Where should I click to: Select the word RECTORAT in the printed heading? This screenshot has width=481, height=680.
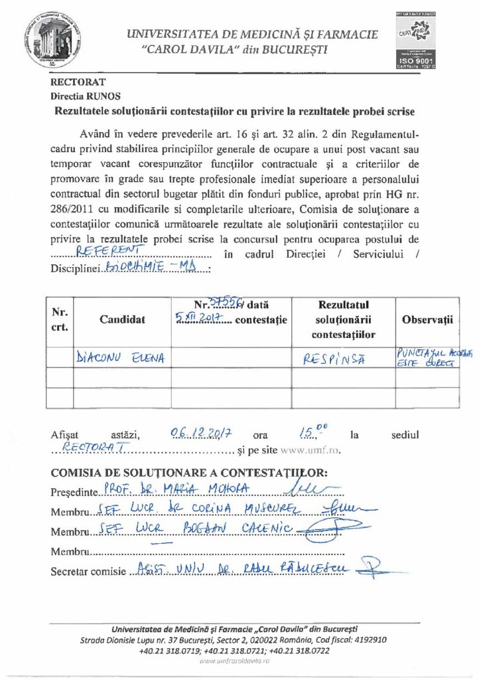(x=78, y=83)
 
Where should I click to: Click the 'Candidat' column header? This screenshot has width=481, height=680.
(x=122, y=319)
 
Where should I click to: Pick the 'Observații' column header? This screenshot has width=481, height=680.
(x=427, y=319)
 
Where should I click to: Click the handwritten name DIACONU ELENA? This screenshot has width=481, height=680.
(x=121, y=359)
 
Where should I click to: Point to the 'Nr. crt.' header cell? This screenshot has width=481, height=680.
(x=60, y=319)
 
